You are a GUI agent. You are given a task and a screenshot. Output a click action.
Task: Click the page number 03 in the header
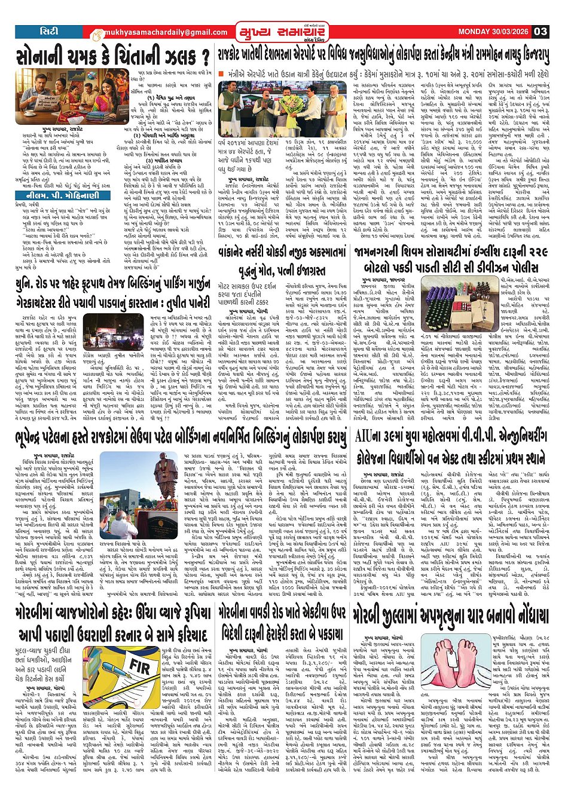pyautogui.click(x=540, y=32)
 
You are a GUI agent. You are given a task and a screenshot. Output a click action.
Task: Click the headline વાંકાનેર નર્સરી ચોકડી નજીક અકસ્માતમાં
pyautogui.click(x=288, y=253)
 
